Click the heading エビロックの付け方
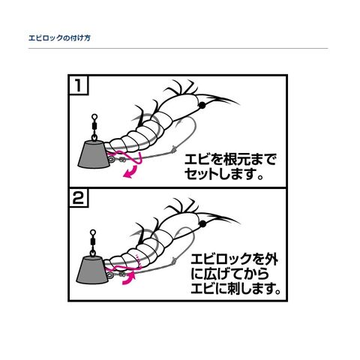59,38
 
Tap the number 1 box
79,85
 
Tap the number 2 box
79,198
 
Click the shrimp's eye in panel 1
202,106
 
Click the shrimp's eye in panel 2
202,223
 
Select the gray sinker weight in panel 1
93,154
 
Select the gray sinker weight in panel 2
91,271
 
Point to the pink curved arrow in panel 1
131,172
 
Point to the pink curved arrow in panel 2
128,278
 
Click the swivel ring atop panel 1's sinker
94,116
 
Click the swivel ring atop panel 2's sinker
93,232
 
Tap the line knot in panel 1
173,150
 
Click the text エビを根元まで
230,159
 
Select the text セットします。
224,174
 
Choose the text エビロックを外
235,259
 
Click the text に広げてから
230,274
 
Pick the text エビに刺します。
235,289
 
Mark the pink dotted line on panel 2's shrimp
138,261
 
